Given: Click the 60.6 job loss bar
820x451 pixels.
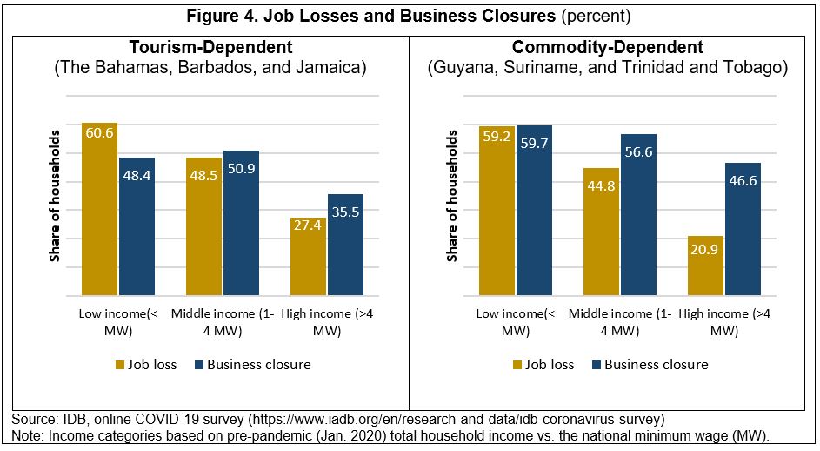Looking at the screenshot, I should [99, 209].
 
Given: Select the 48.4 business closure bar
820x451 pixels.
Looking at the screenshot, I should [137, 226].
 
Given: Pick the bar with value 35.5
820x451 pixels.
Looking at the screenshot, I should [345, 245].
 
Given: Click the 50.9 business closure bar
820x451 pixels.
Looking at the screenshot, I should [241, 223].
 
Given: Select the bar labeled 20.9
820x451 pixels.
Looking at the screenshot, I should [705, 266].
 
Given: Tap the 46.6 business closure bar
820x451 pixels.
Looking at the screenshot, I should [743, 229].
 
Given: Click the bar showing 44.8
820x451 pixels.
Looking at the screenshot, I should [601, 232].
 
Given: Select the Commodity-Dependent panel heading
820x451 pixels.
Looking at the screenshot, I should [608, 47].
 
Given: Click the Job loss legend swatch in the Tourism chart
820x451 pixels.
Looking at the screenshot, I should [122, 365].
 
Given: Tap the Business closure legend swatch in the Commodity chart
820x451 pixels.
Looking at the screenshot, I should [596, 365].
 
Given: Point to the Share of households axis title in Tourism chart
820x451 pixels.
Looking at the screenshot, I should [54, 195].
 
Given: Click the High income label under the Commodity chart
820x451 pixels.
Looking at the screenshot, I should [723, 322].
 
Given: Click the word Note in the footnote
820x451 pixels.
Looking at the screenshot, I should [28, 434].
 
